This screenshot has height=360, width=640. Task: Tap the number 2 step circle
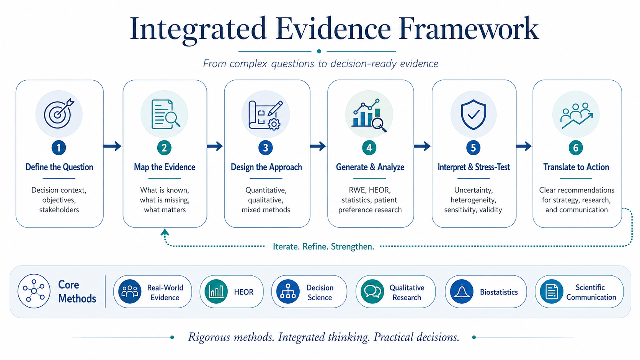(x=164, y=148)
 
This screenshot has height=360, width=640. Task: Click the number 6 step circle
(x=576, y=148)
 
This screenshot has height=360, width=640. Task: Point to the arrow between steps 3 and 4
(x=318, y=146)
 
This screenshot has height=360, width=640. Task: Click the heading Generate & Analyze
(x=370, y=167)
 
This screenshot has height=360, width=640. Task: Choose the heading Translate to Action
(x=576, y=167)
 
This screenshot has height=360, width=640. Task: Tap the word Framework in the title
(x=469, y=29)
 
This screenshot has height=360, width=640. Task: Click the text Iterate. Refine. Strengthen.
(x=323, y=246)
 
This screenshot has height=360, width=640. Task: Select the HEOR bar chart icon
(x=216, y=292)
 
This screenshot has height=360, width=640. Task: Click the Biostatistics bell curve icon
(x=462, y=292)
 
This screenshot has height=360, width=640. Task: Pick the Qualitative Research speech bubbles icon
(x=372, y=292)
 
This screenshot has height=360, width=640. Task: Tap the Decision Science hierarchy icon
(x=288, y=292)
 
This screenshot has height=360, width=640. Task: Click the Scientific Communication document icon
(x=552, y=292)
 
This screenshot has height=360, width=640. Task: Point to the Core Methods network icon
(x=34, y=291)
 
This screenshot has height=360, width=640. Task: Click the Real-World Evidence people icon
(x=130, y=292)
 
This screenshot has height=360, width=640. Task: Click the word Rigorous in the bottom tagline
(x=209, y=337)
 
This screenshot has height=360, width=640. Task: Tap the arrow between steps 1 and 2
(x=112, y=146)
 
